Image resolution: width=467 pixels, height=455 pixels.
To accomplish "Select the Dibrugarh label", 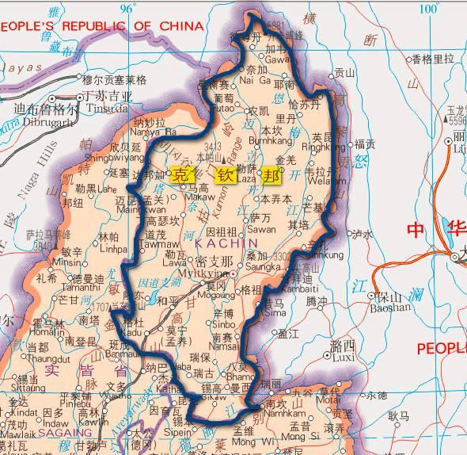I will click(x=44, y=123).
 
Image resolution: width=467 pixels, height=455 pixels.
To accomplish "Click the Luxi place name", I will click(x=343, y=357).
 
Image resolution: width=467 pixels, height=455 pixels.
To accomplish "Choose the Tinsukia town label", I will click(x=108, y=107).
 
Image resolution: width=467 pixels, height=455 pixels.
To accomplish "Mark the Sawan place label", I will click(x=262, y=227).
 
